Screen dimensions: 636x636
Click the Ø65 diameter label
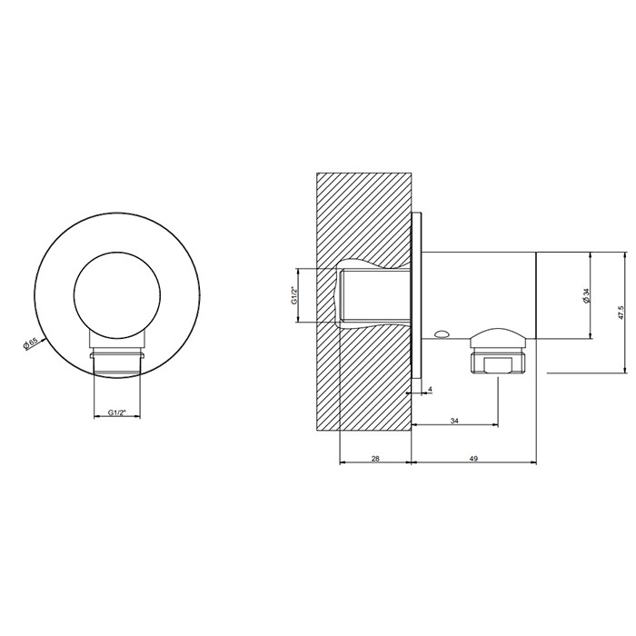[x=31, y=343]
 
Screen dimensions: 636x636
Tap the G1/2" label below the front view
[x=117, y=412]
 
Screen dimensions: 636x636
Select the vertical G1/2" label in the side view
[x=295, y=295]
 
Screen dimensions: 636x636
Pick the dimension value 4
[x=431, y=389]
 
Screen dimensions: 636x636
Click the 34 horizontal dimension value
[x=454, y=421]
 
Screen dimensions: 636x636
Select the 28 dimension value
[x=375, y=458]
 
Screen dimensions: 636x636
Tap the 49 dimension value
[x=473, y=458]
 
